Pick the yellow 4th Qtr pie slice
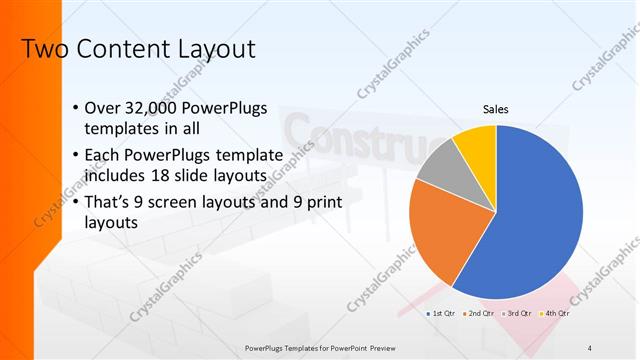tap(475, 143)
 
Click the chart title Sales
tap(496, 108)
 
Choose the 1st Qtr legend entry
tap(443, 315)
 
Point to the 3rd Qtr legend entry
tap(519, 315)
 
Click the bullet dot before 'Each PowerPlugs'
tap(78, 155)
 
